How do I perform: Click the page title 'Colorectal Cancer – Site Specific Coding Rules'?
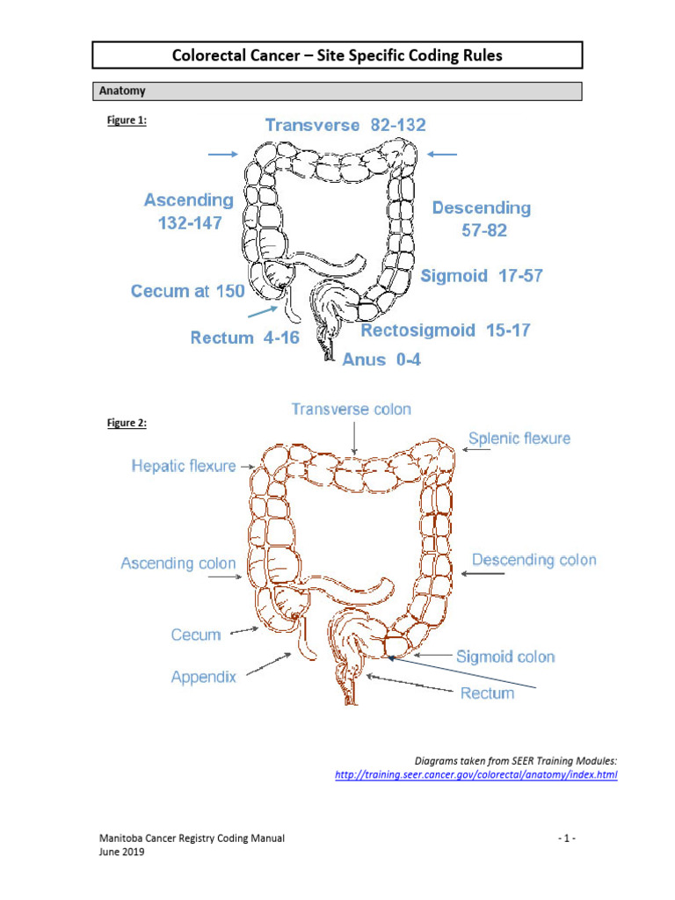pos(337,56)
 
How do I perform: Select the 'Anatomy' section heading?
pos(123,91)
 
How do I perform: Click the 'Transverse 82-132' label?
pos(345,125)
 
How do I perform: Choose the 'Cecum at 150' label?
pos(187,291)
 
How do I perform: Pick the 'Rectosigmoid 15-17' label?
pos(446,330)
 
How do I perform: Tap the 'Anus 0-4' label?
pos(381,359)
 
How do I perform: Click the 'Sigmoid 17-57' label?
pos(482,276)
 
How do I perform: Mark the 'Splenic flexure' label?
pos(519,438)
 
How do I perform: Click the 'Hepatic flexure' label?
pos(183,466)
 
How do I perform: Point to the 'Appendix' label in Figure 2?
pos(203,678)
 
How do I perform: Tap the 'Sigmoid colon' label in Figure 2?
pos(505,657)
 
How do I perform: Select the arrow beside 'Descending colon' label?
pos(482,573)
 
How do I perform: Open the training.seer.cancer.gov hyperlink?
pos(476,775)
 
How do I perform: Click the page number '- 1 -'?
pos(566,838)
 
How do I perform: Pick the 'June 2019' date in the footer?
pos(120,851)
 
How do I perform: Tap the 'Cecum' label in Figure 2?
pos(196,635)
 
